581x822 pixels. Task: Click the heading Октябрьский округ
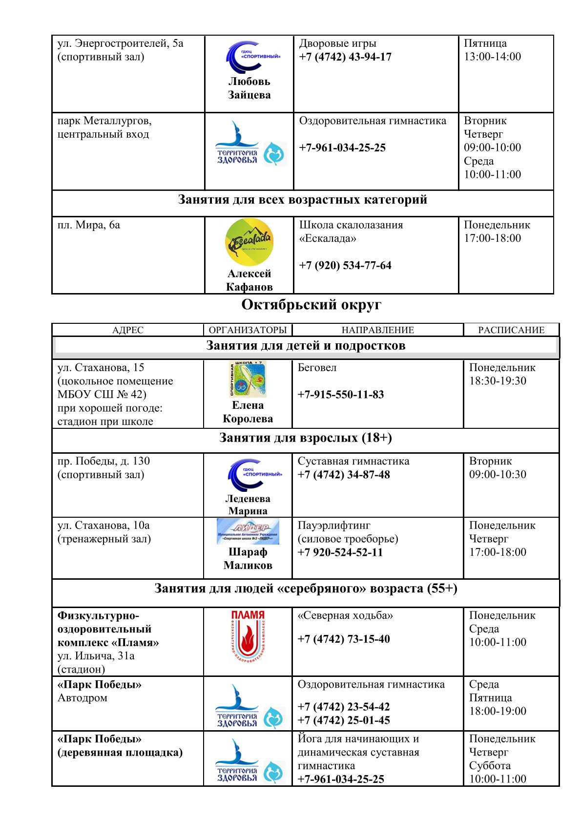click(x=311, y=305)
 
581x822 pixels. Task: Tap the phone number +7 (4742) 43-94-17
click(x=345, y=57)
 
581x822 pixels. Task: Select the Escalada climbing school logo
click(x=249, y=242)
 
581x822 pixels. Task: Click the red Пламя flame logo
click(x=248, y=636)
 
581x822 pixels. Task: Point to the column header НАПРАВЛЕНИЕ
click(x=377, y=330)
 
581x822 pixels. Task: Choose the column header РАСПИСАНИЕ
click(x=511, y=330)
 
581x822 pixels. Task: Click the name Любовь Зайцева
click(x=249, y=88)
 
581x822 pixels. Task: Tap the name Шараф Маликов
click(x=248, y=559)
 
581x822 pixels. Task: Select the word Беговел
click(x=317, y=368)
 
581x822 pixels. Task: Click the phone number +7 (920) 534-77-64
click(x=345, y=265)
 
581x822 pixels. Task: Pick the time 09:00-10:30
click(x=498, y=474)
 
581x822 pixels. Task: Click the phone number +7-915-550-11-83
click(x=341, y=395)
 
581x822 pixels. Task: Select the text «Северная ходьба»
click(x=345, y=616)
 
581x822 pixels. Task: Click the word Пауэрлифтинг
click(x=334, y=526)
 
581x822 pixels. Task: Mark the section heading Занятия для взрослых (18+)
click(x=306, y=438)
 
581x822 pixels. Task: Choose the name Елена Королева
click(x=248, y=412)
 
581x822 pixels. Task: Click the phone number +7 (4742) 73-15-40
click(x=344, y=639)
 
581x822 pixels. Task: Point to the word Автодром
click(x=83, y=698)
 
